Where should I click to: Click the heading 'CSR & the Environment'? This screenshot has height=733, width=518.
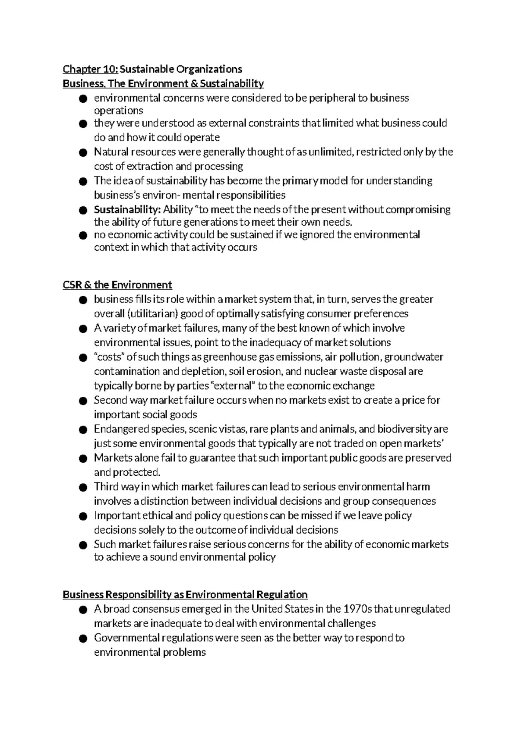point(117,285)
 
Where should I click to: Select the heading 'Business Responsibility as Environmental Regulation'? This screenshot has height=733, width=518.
point(185,594)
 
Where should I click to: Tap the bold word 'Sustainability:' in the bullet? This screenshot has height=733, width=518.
point(127,210)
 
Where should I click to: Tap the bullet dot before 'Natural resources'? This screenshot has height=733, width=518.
point(83,153)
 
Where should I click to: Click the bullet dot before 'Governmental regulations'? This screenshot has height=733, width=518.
point(83,638)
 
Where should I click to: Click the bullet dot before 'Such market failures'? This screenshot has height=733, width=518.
point(83,545)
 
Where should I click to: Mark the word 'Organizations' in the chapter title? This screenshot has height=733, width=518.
point(214,69)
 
